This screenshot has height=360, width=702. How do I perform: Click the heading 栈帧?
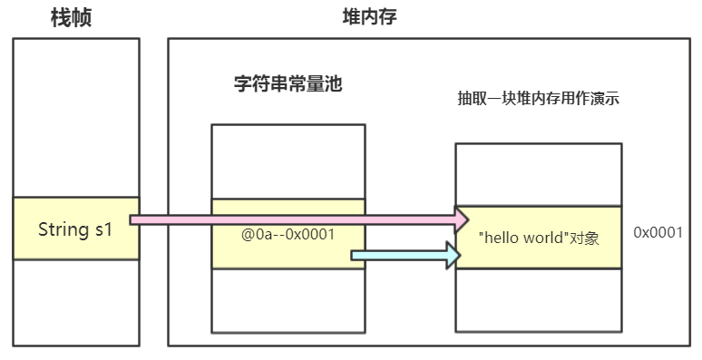pos(76,17)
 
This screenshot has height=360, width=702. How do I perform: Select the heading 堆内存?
pos(368,17)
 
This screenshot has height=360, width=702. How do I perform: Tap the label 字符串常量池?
pos(288,86)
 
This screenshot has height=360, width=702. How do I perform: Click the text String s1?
pos(75,229)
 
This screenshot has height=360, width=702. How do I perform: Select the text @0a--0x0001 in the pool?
pos(288,234)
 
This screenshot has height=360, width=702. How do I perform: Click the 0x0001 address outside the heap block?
pos(658,233)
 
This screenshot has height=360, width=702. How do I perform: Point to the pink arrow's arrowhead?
pos(461,219)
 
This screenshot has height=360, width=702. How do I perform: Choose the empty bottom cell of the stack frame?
pos(76,302)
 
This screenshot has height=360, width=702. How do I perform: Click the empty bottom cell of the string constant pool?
pos(288,300)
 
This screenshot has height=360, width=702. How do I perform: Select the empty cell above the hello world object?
pos(538,174)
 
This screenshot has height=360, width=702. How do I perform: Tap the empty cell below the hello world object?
pos(538,299)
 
